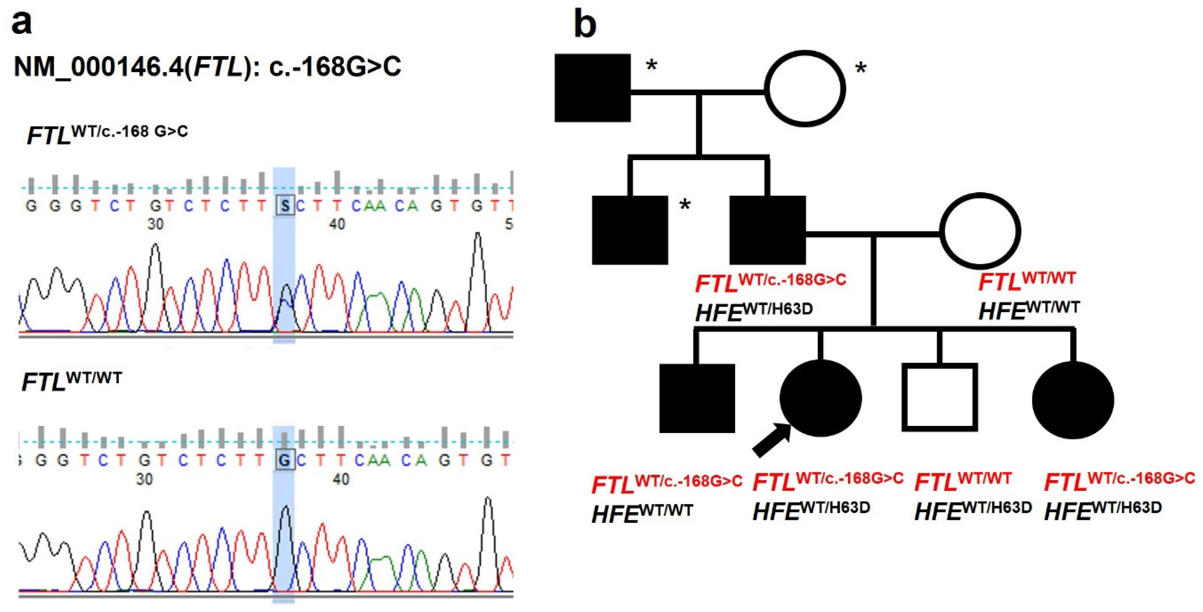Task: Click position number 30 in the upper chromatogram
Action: coord(155,224)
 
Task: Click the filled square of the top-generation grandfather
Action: coord(592,88)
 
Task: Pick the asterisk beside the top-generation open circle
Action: coord(860,69)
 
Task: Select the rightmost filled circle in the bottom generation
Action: coord(1073,400)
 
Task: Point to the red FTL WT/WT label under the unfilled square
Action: coord(963,481)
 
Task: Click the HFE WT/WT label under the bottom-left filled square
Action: coord(642,513)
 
